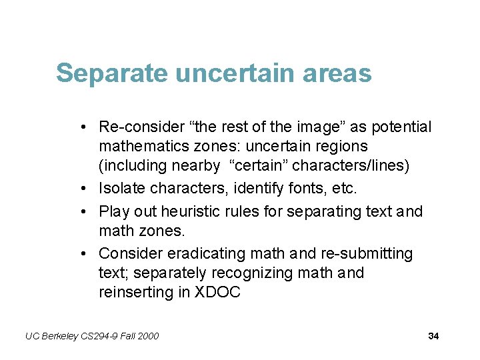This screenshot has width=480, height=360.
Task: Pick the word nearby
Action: (197, 165)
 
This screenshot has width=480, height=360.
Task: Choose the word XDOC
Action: (217, 293)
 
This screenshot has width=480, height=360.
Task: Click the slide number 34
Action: (433, 336)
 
